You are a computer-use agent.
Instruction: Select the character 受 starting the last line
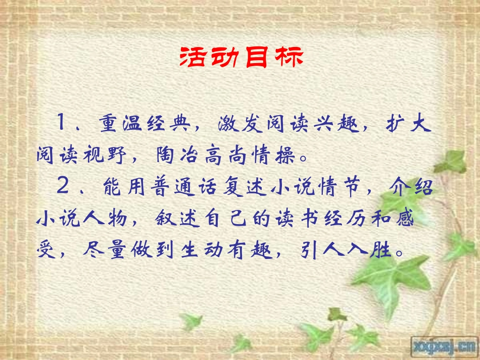(46, 251)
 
